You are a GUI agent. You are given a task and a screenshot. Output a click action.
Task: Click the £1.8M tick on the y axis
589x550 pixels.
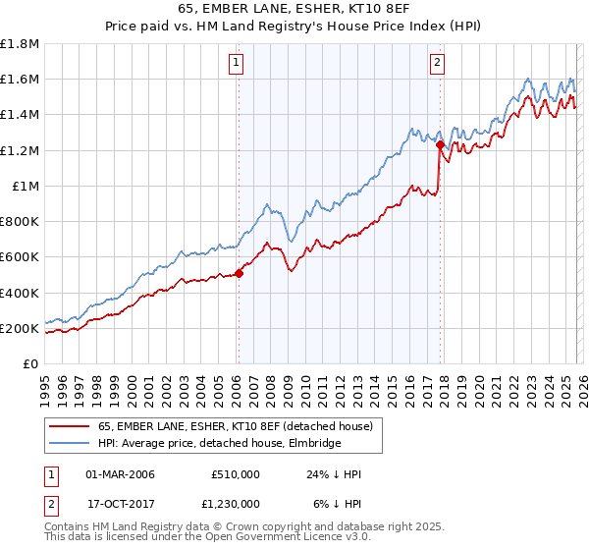[20, 44]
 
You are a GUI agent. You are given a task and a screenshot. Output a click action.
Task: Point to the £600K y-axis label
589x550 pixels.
[20, 257]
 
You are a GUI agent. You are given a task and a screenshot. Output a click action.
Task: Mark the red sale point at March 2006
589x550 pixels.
[238, 274]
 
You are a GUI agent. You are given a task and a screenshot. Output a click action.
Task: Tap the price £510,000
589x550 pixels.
[235, 474]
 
